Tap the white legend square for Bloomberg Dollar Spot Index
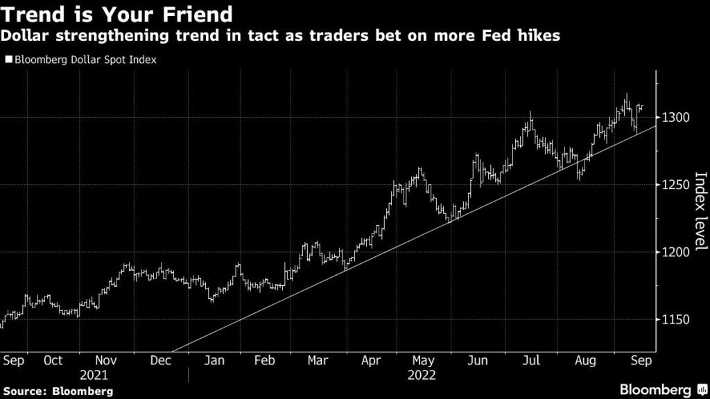pyautogui.click(x=8, y=60)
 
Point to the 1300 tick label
pyautogui.click(x=675, y=117)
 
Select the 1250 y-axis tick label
pyautogui.click(x=675, y=184)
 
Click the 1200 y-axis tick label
pyautogui.click(x=675, y=252)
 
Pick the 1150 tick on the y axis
pyautogui.click(x=675, y=319)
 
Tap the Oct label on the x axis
pyautogui.click(x=53, y=360)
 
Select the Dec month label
pyautogui.click(x=160, y=360)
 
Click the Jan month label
pyautogui.click(x=214, y=360)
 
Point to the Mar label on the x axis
pyautogui.click(x=318, y=360)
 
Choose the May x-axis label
pyautogui.click(x=423, y=360)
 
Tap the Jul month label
pyautogui.click(x=530, y=360)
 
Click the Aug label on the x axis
pyautogui.click(x=586, y=360)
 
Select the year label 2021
pyautogui.click(x=94, y=375)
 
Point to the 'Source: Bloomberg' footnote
pyautogui.click(x=57, y=391)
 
